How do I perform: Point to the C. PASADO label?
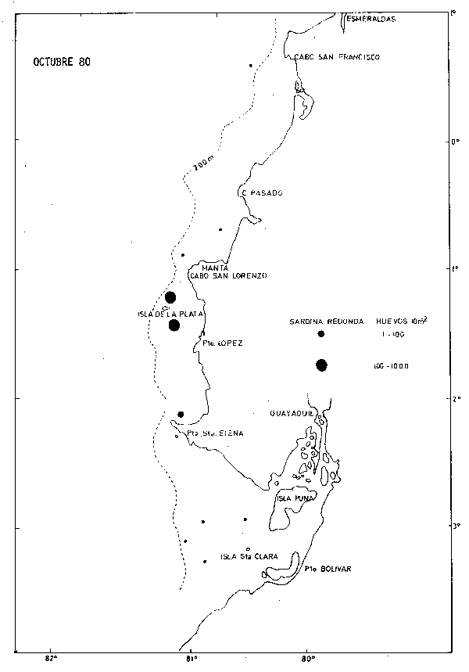(262, 192)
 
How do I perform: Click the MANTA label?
(214, 268)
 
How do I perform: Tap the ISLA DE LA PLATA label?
(170, 314)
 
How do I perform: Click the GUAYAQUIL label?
(292, 412)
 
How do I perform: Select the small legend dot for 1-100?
(321, 334)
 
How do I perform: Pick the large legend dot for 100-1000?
(321, 365)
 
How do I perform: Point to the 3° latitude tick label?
(456, 526)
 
